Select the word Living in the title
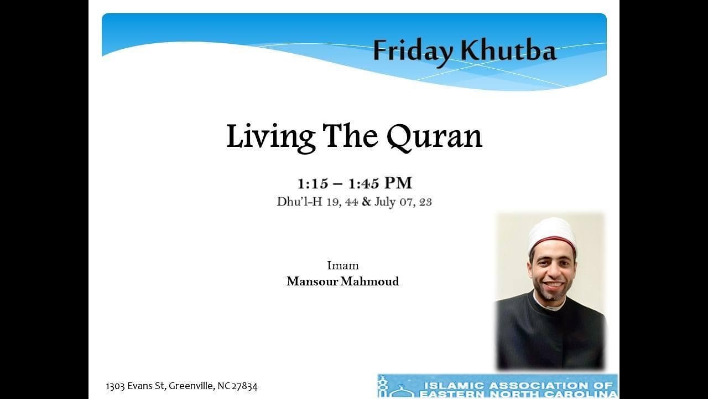click(x=270, y=136)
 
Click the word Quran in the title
click(x=434, y=136)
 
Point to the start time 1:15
click(x=313, y=183)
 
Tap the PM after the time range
click(x=398, y=183)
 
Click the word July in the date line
click(x=385, y=202)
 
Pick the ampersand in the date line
click(x=366, y=202)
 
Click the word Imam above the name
click(x=342, y=265)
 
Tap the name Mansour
click(x=312, y=282)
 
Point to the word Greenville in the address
click(x=189, y=386)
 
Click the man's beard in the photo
click(x=550, y=293)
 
